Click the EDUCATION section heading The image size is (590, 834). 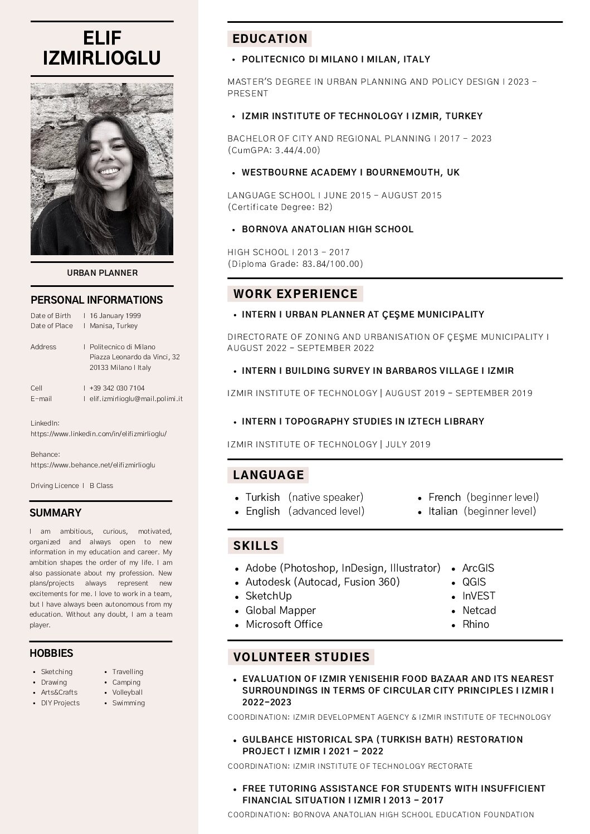click(270, 39)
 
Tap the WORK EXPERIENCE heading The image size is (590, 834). click(295, 294)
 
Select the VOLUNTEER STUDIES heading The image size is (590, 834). click(301, 657)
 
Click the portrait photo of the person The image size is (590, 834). click(102, 169)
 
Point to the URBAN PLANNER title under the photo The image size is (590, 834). click(102, 273)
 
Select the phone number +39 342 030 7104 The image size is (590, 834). click(117, 388)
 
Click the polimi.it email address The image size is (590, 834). click(136, 399)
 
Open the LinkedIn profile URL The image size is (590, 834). click(99, 433)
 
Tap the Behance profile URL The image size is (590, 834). click(93, 465)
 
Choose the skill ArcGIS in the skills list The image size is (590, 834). click(478, 568)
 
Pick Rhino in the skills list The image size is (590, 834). click(476, 625)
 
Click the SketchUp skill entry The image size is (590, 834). click(269, 596)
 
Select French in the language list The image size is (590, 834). click(445, 498)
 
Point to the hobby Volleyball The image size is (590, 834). click(128, 692)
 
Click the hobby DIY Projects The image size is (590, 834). click(60, 703)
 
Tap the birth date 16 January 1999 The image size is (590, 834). click(115, 316)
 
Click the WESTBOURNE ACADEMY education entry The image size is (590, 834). click(350, 173)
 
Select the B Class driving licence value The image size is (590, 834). click(101, 486)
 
